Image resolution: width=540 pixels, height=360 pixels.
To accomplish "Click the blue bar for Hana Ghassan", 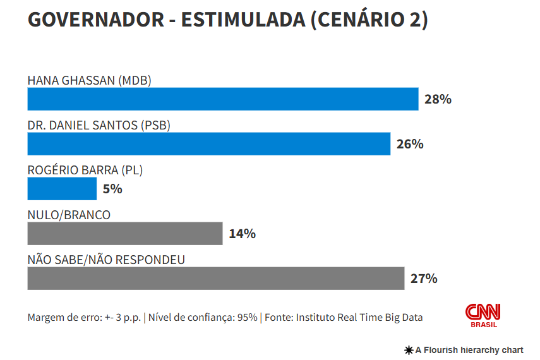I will point(222,99).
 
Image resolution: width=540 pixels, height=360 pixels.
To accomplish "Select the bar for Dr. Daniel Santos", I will point(208,144).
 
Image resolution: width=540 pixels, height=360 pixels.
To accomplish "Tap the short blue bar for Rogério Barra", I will point(62,189).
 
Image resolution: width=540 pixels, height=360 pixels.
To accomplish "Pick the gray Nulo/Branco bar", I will point(124,234).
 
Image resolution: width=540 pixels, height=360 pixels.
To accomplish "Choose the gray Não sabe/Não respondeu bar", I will point(215,279).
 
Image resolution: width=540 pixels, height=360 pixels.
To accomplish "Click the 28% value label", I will point(438,99).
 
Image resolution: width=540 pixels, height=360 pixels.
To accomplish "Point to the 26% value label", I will point(410,144).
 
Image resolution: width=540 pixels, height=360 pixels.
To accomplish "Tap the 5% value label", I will point(112,189).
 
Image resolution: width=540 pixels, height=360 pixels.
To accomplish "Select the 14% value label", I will point(242,234).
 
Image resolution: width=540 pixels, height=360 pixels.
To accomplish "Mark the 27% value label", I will point(424,279).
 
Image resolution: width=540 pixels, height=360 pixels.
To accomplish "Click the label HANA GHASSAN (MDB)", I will point(90,80).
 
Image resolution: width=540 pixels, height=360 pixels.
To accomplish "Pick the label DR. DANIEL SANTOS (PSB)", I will point(99,125).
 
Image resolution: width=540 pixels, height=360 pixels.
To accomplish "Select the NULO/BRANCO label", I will point(69,215).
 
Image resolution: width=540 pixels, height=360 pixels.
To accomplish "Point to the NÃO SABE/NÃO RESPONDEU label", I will point(106,260).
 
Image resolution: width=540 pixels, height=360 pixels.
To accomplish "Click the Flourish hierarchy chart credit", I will point(464,350).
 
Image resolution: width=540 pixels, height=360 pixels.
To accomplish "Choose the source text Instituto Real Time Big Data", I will point(359,317).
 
